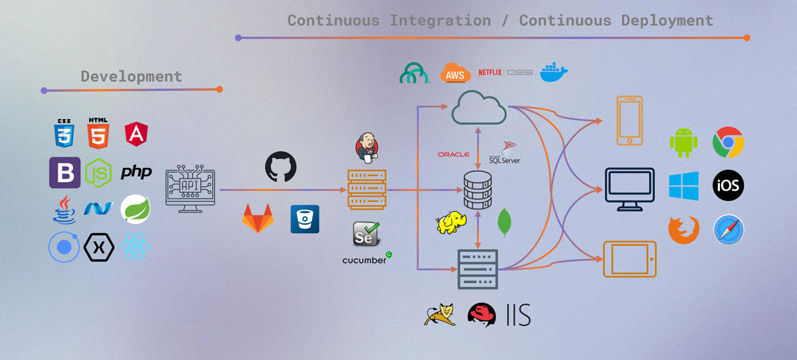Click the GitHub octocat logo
point(280,167)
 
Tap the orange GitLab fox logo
point(256,219)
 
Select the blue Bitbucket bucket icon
point(305,219)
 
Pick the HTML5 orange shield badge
point(98,133)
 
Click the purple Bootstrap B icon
point(64,173)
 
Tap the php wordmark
point(136,173)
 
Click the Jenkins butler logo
point(366,147)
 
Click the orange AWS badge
point(455,74)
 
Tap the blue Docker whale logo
point(554,72)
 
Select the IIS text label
point(518,314)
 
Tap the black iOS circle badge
point(728,185)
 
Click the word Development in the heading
point(132,76)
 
